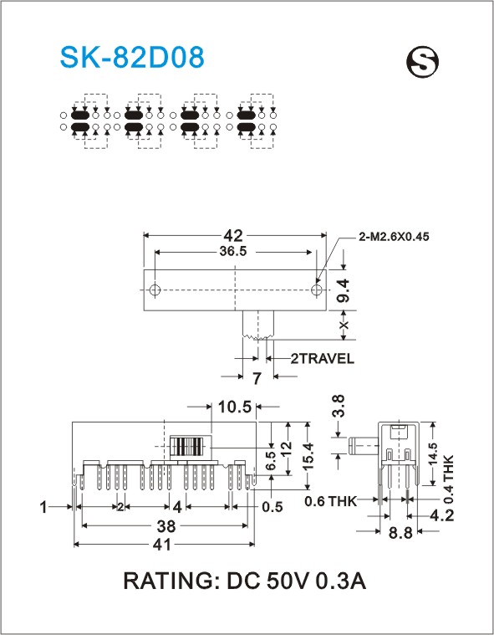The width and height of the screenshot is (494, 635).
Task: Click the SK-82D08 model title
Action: tap(132, 57)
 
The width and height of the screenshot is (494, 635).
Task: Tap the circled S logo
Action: tap(422, 62)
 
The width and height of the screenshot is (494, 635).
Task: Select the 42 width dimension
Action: tap(233, 235)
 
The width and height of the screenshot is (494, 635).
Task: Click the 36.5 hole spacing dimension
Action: tap(233, 252)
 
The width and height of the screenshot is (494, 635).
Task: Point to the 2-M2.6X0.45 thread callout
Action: tap(394, 237)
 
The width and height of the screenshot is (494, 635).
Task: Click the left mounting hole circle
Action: tap(155, 290)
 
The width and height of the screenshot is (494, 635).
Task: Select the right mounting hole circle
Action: tap(317, 290)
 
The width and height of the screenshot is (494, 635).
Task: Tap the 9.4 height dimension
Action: tap(343, 290)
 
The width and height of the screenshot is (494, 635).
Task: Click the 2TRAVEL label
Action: tap(322, 358)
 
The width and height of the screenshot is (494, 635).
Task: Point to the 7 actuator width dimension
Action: tap(257, 379)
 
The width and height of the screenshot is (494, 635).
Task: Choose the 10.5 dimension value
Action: tap(235, 407)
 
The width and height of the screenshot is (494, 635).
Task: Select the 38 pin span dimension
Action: tap(166, 526)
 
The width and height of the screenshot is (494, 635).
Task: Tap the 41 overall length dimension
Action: tap(163, 545)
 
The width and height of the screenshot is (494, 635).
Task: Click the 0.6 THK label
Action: tap(330, 501)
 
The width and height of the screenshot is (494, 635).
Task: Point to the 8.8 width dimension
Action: tap(400, 533)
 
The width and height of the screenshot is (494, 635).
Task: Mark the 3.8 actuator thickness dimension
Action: tap(339, 406)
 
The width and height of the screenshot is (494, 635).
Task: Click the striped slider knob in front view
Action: tap(191, 448)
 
